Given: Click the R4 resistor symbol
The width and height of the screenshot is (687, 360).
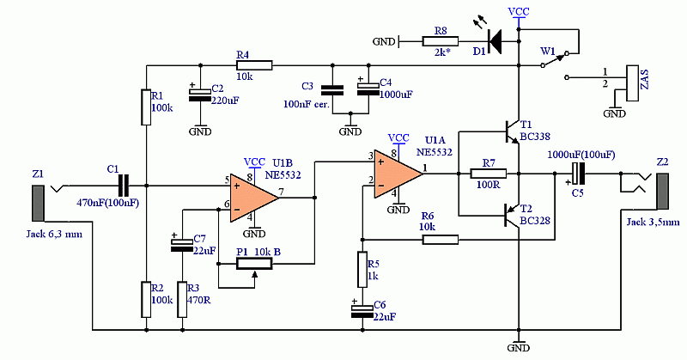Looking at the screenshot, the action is pos(254,66).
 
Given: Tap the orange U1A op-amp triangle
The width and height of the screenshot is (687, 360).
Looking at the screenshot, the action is pos(398,174).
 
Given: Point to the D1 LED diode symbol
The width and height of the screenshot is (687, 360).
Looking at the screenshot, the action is pos(495,41).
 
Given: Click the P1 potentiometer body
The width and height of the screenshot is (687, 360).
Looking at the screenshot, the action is pos(254,264).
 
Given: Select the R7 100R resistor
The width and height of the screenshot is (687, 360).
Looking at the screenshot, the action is pos(488,174).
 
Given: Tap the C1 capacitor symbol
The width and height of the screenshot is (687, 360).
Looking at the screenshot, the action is pos(124,186).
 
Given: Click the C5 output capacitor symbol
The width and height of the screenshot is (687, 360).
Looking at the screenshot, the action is pos(579,174).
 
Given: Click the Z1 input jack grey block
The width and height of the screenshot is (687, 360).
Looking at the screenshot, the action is pos(38,203).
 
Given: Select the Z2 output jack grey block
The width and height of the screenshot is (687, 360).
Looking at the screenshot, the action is pos(662,192).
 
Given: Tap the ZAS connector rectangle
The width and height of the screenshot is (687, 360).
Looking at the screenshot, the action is pos(633,83).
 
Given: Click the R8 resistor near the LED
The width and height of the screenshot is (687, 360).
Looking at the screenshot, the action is pos(441,41).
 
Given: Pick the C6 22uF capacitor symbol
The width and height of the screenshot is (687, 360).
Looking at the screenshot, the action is pos(362,309).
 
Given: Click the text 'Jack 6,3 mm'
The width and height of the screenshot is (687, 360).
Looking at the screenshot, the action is pos(54,235).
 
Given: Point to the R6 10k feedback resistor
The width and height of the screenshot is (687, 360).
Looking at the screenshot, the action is pos(441,240).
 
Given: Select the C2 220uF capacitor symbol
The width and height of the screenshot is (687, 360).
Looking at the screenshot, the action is pos(200,95).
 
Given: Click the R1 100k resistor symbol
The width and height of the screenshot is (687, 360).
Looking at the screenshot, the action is pos(146,107).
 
